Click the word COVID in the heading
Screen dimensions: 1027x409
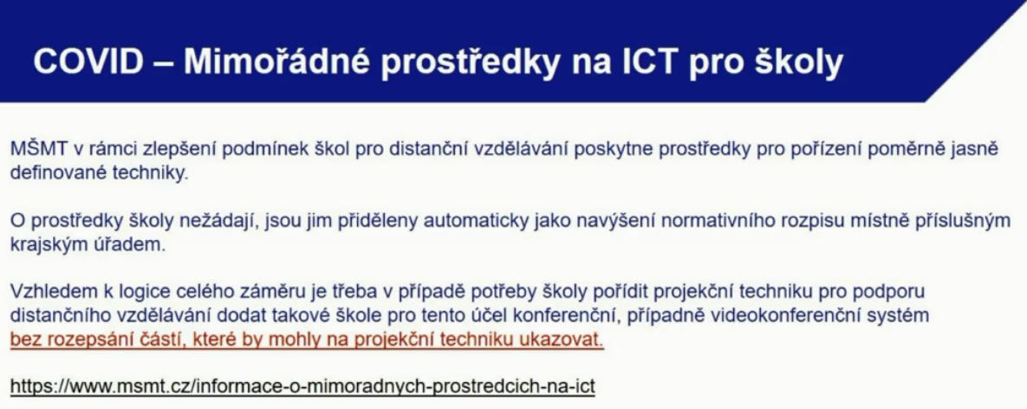pyautogui.click(x=88, y=62)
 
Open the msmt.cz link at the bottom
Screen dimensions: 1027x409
pyautogui.click(x=302, y=386)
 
